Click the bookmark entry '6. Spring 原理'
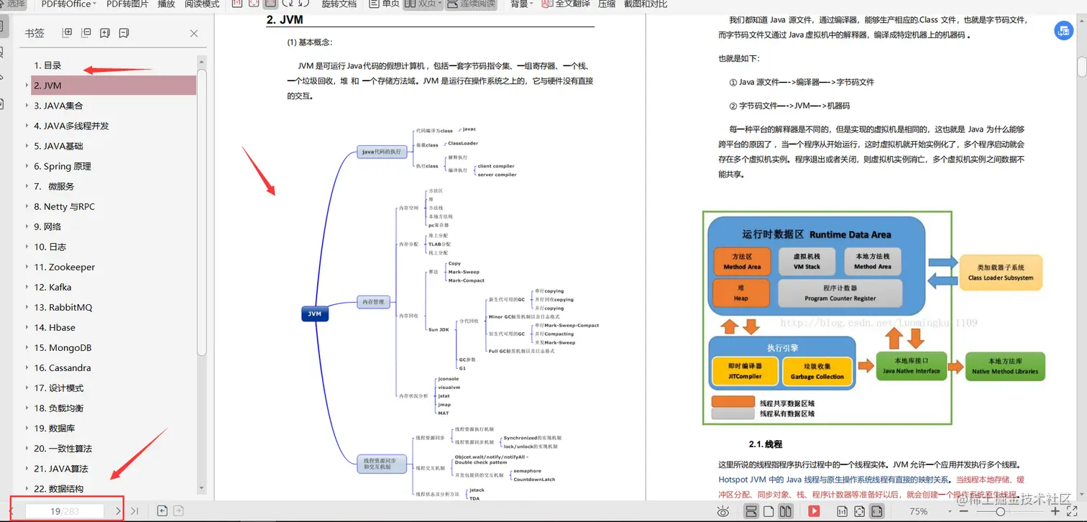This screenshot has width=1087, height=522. click(x=63, y=166)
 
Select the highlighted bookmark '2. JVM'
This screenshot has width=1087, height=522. click(x=47, y=86)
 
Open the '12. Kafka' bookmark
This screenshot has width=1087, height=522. click(x=52, y=287)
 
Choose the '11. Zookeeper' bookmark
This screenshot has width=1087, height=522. click(x=64, y=267)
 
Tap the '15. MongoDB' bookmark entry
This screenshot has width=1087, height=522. click(x=63, y=347)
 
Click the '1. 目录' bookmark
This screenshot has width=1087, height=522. click(x=47, y=65)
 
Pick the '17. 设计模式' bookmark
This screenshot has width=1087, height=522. click(x=59, y=388)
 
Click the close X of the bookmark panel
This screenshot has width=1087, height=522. click(x=194, y=33)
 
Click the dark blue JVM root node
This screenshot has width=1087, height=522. click(x=315, y=314)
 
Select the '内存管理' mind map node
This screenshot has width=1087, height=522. click(x=373, y=302)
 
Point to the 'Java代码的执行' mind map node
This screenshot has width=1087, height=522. click(x=382, y=152)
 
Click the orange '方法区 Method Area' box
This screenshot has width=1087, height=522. click(x=742, y=262)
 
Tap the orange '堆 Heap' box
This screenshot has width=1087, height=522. click(x=740, y=293)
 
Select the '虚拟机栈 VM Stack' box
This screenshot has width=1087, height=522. click(x=807, y=262)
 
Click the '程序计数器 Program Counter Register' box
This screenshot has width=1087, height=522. click(x=840, y=293)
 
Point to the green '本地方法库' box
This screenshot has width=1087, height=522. click(x=1004, y=366)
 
